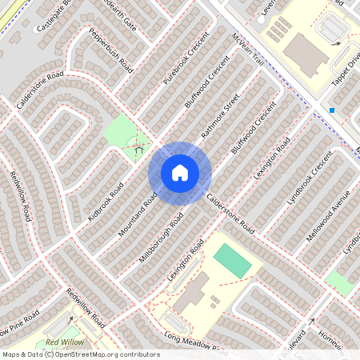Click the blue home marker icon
point(180,172)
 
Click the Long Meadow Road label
point(190,341)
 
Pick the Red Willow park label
point(64,342)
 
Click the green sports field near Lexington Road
point(231,260)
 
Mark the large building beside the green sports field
point(192,293)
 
